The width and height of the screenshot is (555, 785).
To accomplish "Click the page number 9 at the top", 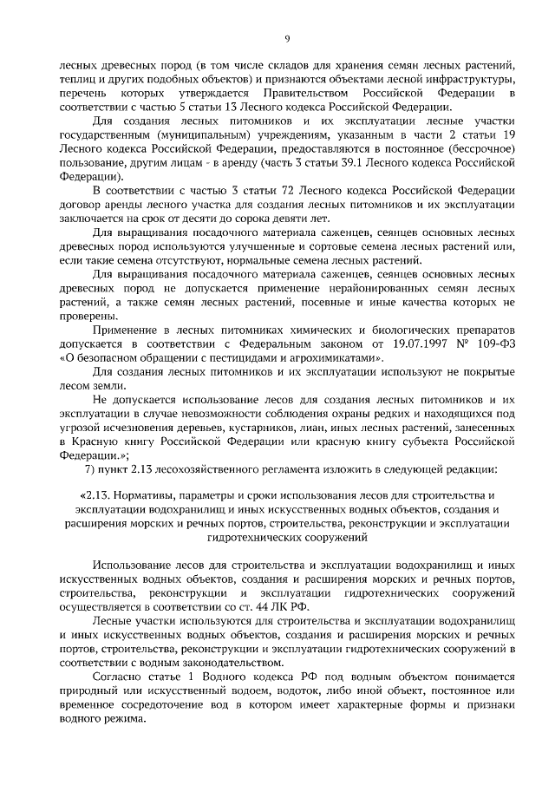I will coord(287,37).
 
